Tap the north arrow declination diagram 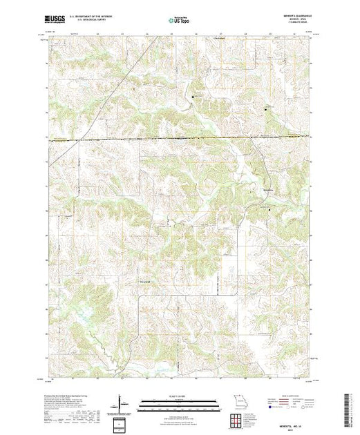122,400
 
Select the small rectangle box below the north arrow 122,420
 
